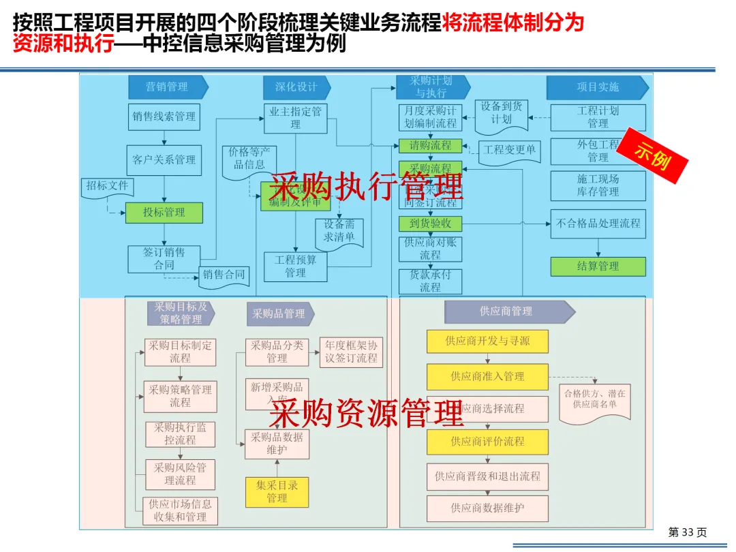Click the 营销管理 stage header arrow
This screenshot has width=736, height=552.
[x=168, y=87]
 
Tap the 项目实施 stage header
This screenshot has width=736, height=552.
[x=597, y=87]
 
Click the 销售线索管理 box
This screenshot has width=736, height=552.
[x=164, y=117]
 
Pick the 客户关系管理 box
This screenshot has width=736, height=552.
[x=164, y=159]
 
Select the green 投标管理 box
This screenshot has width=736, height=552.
[x=164, y=213]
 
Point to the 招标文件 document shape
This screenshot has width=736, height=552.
[x=108, y=187]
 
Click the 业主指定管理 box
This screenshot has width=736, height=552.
[x=295, y=118]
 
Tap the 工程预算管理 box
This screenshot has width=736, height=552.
[x=295, y=266]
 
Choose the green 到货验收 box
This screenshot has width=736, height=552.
[x=430, y=224]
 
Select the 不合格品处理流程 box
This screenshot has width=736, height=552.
[x=598, y=223]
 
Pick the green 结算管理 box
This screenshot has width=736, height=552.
[x=598, y=266]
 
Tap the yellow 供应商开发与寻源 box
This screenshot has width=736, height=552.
[x=487, y=341]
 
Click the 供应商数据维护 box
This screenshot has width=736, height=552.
[x=487, y=508]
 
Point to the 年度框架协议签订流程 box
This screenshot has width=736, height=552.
[x=350, y=352]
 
